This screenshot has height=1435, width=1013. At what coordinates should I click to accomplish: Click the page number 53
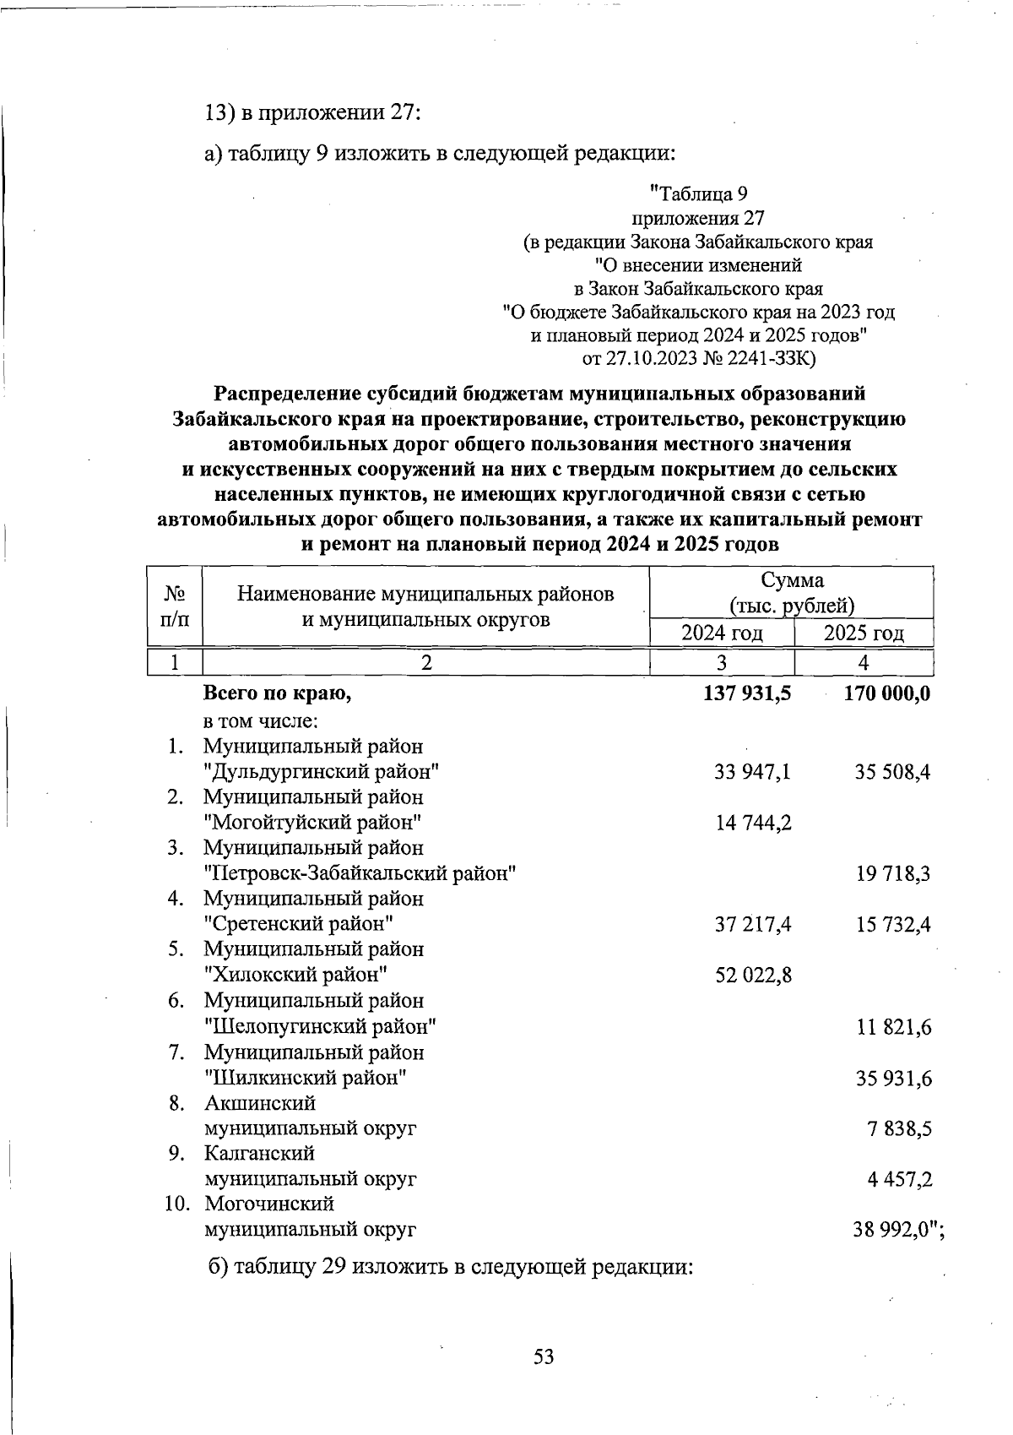(x=543, y=1357)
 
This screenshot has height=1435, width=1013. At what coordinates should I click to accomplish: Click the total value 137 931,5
(x=747, y=694)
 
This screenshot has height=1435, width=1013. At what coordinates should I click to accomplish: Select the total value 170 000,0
(x=886, y=694)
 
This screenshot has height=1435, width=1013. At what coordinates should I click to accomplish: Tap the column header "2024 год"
(x=722, y=633)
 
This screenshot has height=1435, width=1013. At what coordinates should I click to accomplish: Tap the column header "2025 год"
(x=864, y=633)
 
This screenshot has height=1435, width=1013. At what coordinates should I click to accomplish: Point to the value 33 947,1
(x=753, y=771)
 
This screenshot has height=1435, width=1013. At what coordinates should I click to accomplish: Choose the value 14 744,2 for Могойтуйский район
(x=753, y=822)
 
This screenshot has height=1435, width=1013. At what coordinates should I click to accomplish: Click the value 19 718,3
(x=893, y=873)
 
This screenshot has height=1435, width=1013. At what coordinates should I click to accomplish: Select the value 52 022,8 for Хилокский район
(x=753, y=976)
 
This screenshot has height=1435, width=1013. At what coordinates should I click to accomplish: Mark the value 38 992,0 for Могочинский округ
(x=893, y=1231)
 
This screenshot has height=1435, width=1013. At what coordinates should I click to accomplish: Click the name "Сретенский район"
(x=300, y=924)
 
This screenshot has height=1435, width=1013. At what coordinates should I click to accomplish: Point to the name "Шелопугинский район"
(x=321, y=1027)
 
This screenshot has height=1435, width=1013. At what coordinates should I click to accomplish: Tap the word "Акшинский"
(x=260, y=1103)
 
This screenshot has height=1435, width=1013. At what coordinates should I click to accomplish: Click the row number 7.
(x=176, y=1052)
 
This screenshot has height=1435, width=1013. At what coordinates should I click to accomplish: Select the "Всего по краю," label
(x=277, y=694)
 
